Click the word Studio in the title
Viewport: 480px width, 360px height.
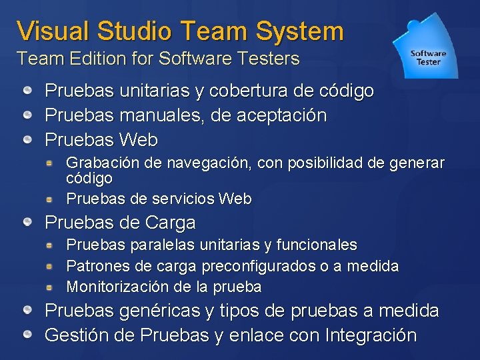pyautogui.click(x=135, y=31)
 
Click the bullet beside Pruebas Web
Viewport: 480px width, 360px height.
pyautogui.click(x=27, y=140)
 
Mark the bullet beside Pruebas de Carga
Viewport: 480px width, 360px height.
pyautogui.click(x=27, y=222)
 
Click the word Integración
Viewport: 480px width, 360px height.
pyautogui.click(x=370, y=335)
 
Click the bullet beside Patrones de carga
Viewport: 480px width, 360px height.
pyautogui.click(x=49, y=267)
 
